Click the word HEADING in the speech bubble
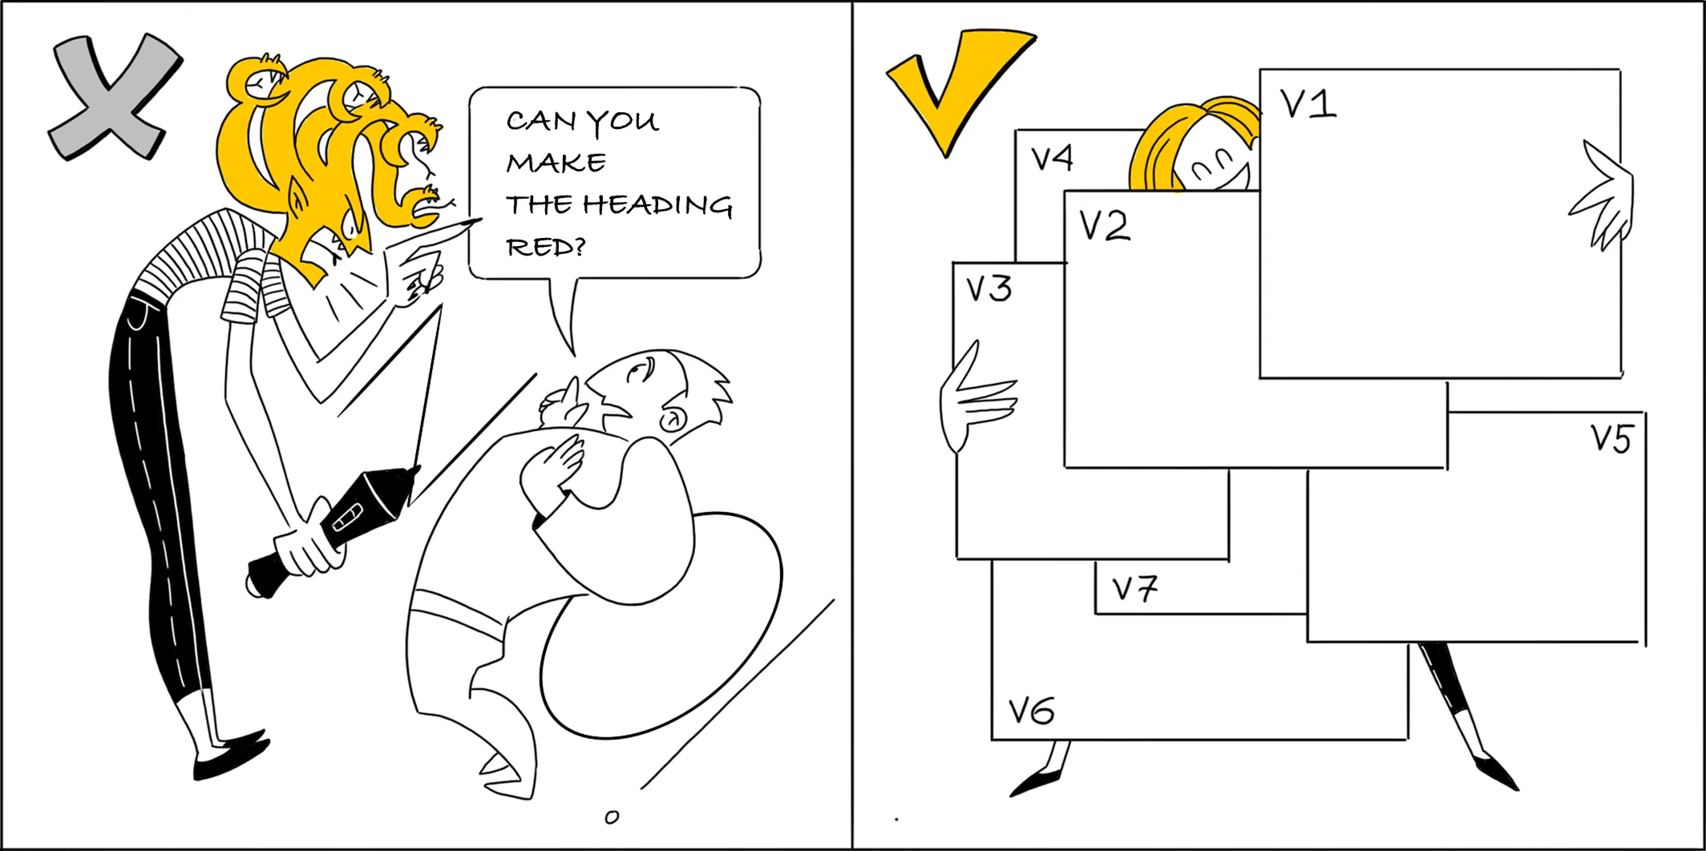pos(657,205)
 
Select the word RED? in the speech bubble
pos(546,247)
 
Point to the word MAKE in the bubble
pos(556,163)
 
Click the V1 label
pos(1308,104)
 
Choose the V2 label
pos(1105,226)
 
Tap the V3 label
pos(988,289)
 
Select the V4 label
pos(1052,159)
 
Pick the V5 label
pos(1611,439)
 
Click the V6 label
pos(1031,711)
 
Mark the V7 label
pos(1134,589)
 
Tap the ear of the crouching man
pos(672,420)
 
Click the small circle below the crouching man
pos(612,817)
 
